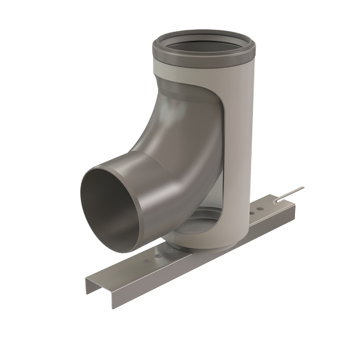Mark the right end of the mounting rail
coord(294,205)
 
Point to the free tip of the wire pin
coord(303,187)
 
